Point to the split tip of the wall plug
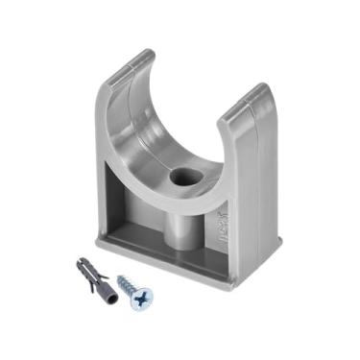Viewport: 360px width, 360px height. [x=75, y=262]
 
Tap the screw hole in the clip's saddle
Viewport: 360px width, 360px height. [x=180, y=179]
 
